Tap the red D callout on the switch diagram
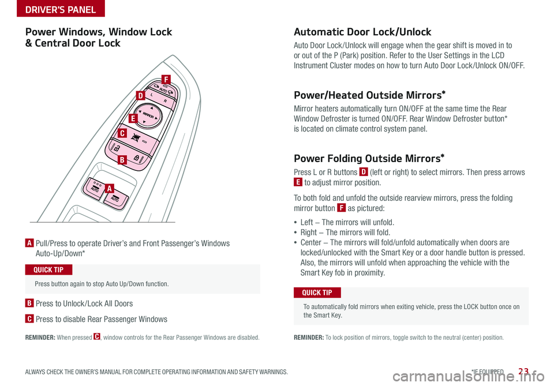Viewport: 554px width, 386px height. (x=140, y=95)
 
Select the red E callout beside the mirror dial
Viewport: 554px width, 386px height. (x=133, y=118)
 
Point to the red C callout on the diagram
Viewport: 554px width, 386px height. (x=122, y=133)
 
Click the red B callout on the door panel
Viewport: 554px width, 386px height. (x=122, y=159)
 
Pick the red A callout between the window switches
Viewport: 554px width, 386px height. (x=109, y=188)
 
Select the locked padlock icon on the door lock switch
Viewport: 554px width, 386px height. (x=134, y=157)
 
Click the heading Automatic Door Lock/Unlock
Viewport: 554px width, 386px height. (x=362, y=32)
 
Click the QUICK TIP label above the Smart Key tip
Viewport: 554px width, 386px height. (x=317, y=293)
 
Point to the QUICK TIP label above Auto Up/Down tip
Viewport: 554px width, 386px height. (x=49, y=270)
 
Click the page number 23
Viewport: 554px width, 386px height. (x=524, y=372)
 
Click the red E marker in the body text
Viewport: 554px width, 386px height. (x=298, y=183)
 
